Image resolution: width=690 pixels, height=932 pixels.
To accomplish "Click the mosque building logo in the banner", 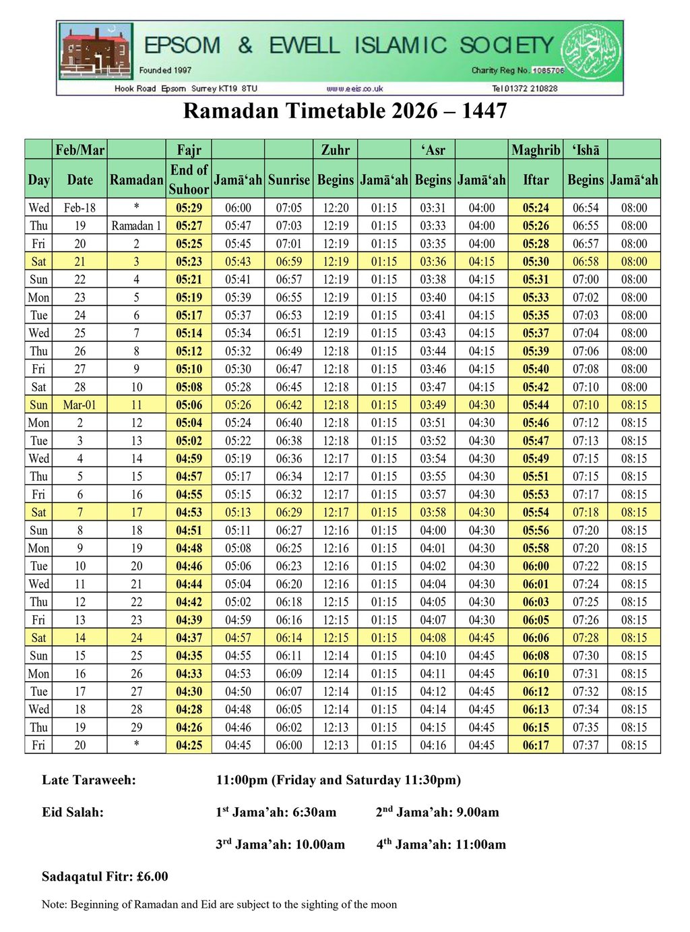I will [95, 52].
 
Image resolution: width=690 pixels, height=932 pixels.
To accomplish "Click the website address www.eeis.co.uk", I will [354, 88].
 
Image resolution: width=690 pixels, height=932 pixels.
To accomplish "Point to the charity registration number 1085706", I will [547, 70].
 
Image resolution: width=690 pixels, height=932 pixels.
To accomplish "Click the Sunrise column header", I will [289, 180].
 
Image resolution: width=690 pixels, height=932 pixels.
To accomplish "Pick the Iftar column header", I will [536, 180].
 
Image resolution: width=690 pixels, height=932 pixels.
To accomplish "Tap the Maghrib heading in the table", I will [536, 150].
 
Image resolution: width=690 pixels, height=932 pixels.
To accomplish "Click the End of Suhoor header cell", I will [189, 179].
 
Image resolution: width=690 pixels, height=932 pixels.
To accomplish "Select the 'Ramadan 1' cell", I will [136, 226].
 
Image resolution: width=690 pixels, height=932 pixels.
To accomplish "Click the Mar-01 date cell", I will [80, 405].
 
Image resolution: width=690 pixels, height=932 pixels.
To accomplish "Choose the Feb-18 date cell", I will [80, 208].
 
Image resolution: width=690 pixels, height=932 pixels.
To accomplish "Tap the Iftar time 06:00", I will [536, 566].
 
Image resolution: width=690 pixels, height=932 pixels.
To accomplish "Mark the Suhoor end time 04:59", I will [189, 459].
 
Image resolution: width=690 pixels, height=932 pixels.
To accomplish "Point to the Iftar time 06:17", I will [536, 746].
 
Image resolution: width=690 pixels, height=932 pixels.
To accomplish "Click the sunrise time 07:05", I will [289, 208].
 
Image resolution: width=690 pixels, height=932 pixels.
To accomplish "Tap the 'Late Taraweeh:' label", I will [89, 780].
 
